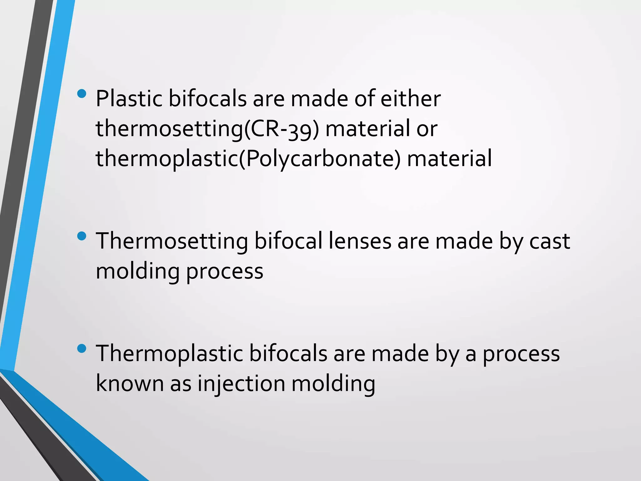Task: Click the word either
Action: click(410, 99)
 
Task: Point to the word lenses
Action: click(360, 241)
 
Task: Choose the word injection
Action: click(241, 384)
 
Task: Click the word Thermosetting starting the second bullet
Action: click(172, 241)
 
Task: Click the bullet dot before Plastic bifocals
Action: click(81, 94)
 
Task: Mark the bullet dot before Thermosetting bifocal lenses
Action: click(81, 236)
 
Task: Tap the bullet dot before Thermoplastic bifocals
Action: click(81, 349)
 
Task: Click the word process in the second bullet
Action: click(224, 272)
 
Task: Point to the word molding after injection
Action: click(333, 384)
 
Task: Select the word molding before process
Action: click(137, 271)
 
